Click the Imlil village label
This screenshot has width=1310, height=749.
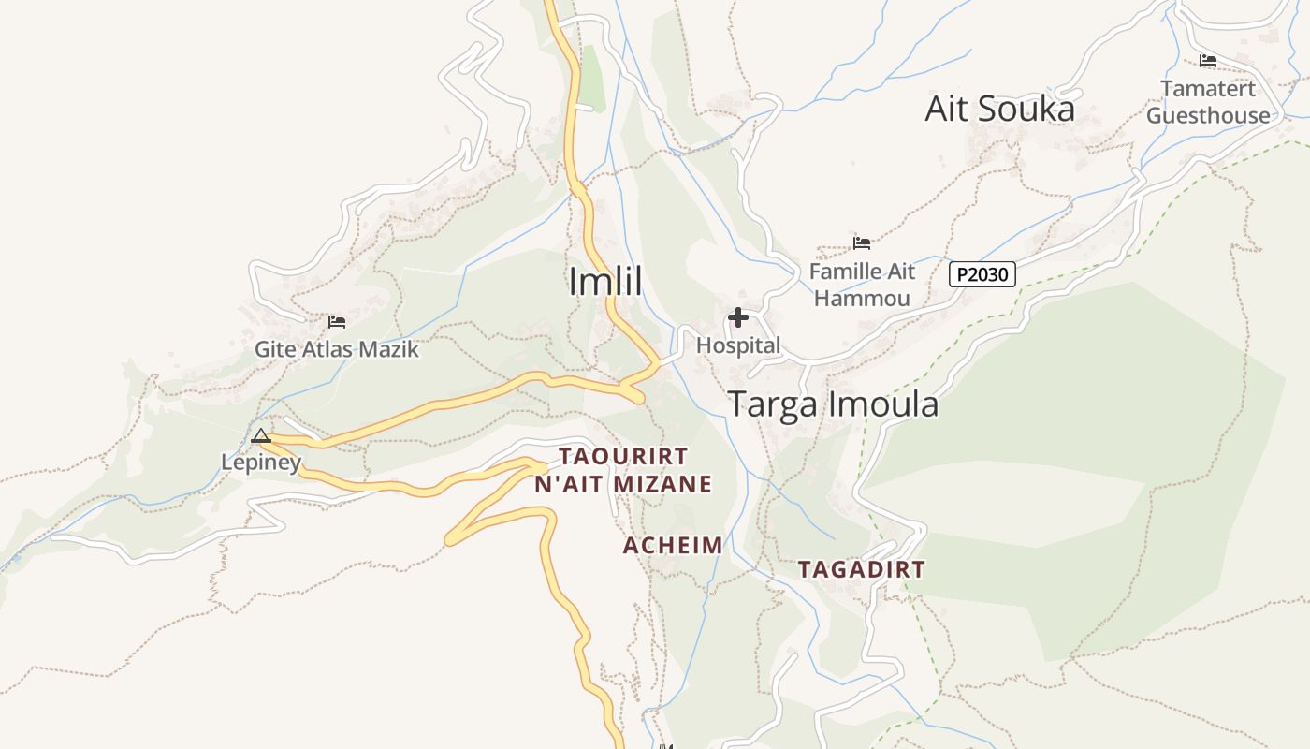coord(605,281)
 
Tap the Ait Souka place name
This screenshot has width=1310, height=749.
coord(999,110)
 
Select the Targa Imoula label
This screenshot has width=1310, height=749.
coord(833,404)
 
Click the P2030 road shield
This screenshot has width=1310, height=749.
coord(982,274)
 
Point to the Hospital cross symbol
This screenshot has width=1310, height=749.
coord(738,318)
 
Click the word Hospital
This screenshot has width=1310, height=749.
coord(738,345)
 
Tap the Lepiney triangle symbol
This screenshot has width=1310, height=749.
coord(261,435)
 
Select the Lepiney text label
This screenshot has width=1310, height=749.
coord(261,462)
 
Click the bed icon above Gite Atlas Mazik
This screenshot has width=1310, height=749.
coord(337,322)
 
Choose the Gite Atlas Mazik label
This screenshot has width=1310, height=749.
coord(337,350)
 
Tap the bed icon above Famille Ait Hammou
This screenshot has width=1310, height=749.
coord(862,243)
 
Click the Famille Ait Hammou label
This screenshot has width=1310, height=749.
coord(862,285)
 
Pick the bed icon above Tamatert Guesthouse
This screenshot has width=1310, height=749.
coord(1208,61)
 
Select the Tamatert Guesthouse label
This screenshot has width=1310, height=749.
coord(1208,102)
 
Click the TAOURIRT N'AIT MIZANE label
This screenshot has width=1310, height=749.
coord(623,470)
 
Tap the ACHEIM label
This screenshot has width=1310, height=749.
coord(673,546)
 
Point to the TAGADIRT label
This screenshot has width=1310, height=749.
coord(861,569)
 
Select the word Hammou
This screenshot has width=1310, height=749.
coord(862,299)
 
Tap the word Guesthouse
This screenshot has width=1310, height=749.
coord(1208,116)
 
